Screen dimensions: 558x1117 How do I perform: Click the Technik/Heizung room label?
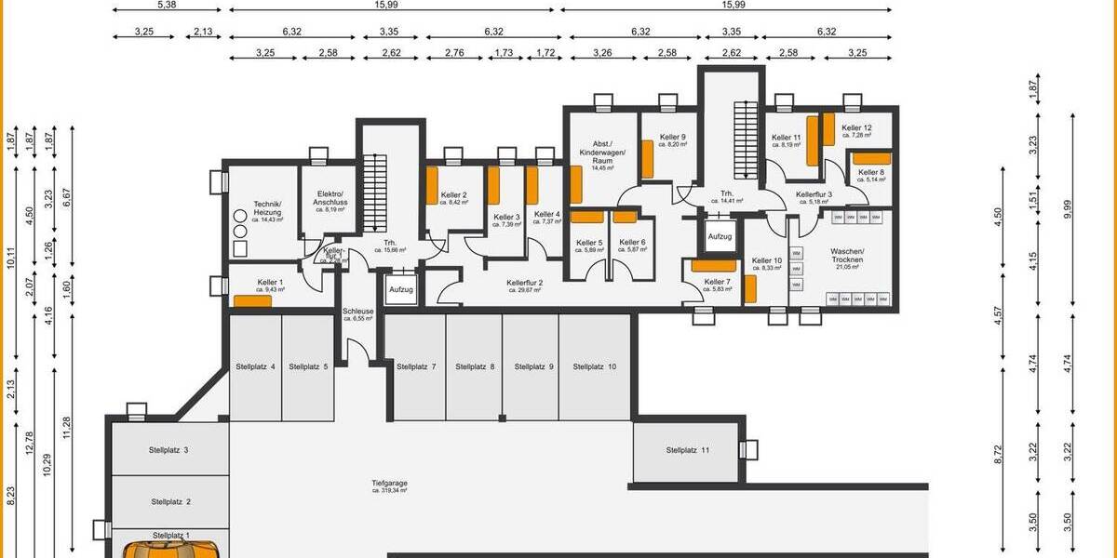pyautogui.click(x=268, y=208)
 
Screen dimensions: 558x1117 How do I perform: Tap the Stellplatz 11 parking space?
pyautogui.click(x=688, y=450)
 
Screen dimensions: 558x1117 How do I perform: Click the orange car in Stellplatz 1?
pyautogui.click(x=171, y=550)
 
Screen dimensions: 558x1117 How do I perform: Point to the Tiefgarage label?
pyautogui.click(x=389, y=484)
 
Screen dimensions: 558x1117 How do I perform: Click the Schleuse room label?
pyautogui.click(x=357, y=312)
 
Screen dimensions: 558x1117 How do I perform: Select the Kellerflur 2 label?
pyautogui.click(x=525, y=283)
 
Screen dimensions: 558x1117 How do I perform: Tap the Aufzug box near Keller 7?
pyautogui.click(x=720, y=237)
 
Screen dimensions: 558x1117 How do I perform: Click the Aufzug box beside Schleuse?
pyautogui.click(x=401, y=290)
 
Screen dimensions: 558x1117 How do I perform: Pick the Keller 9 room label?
pyautogui.click(x=672, y=138)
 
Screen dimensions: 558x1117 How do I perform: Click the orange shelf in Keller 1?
pyautogui.click(x=252, y=300)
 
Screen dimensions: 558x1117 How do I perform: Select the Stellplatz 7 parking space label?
pyautogui.click(x=415, y=367)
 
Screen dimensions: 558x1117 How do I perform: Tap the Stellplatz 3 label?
pyautogui.click(x=168, y=450)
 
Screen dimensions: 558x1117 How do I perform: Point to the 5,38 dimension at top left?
pyautogui.click(x=168, y=5)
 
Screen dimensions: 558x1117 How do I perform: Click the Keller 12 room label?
pyautogui.click(x=856, y=128)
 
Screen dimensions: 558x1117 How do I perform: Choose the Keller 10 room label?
pyautogui.click(x=767, y=261)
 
